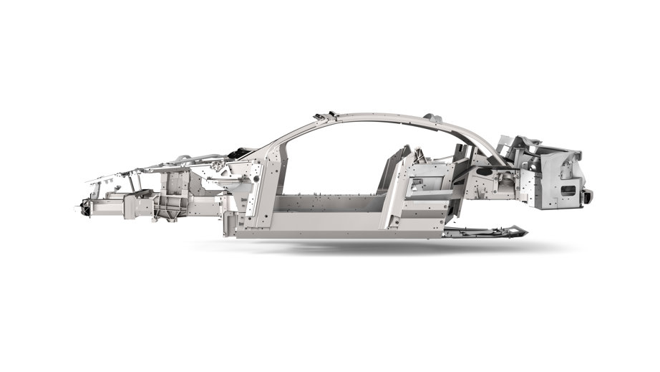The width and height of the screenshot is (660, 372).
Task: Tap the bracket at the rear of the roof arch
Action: pos(429,117)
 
